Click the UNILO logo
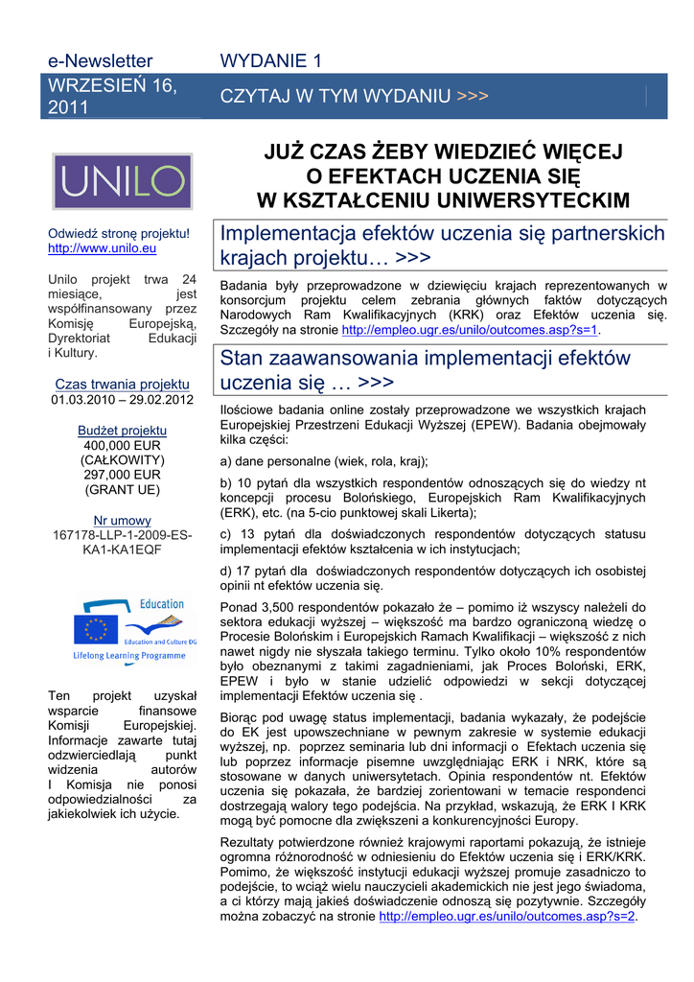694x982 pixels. [x=122, y=182]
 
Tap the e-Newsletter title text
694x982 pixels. [x=101, y=61]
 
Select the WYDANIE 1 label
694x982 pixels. [x=270, y=61]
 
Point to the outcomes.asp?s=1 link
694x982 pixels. [x=470, y=330]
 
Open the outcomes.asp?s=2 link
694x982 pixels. [x=507, y=916]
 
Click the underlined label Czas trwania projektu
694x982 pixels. [x=122, y=385]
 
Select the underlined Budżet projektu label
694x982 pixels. [x=122, y=431]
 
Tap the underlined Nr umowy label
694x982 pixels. [x=122, y=521]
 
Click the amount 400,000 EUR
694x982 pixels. [x=122, y=446]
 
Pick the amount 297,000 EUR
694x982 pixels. [x=122, y=475]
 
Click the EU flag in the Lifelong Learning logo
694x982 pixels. [x=95, y=627]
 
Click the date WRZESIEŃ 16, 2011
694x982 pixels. [x=113, y=96]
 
